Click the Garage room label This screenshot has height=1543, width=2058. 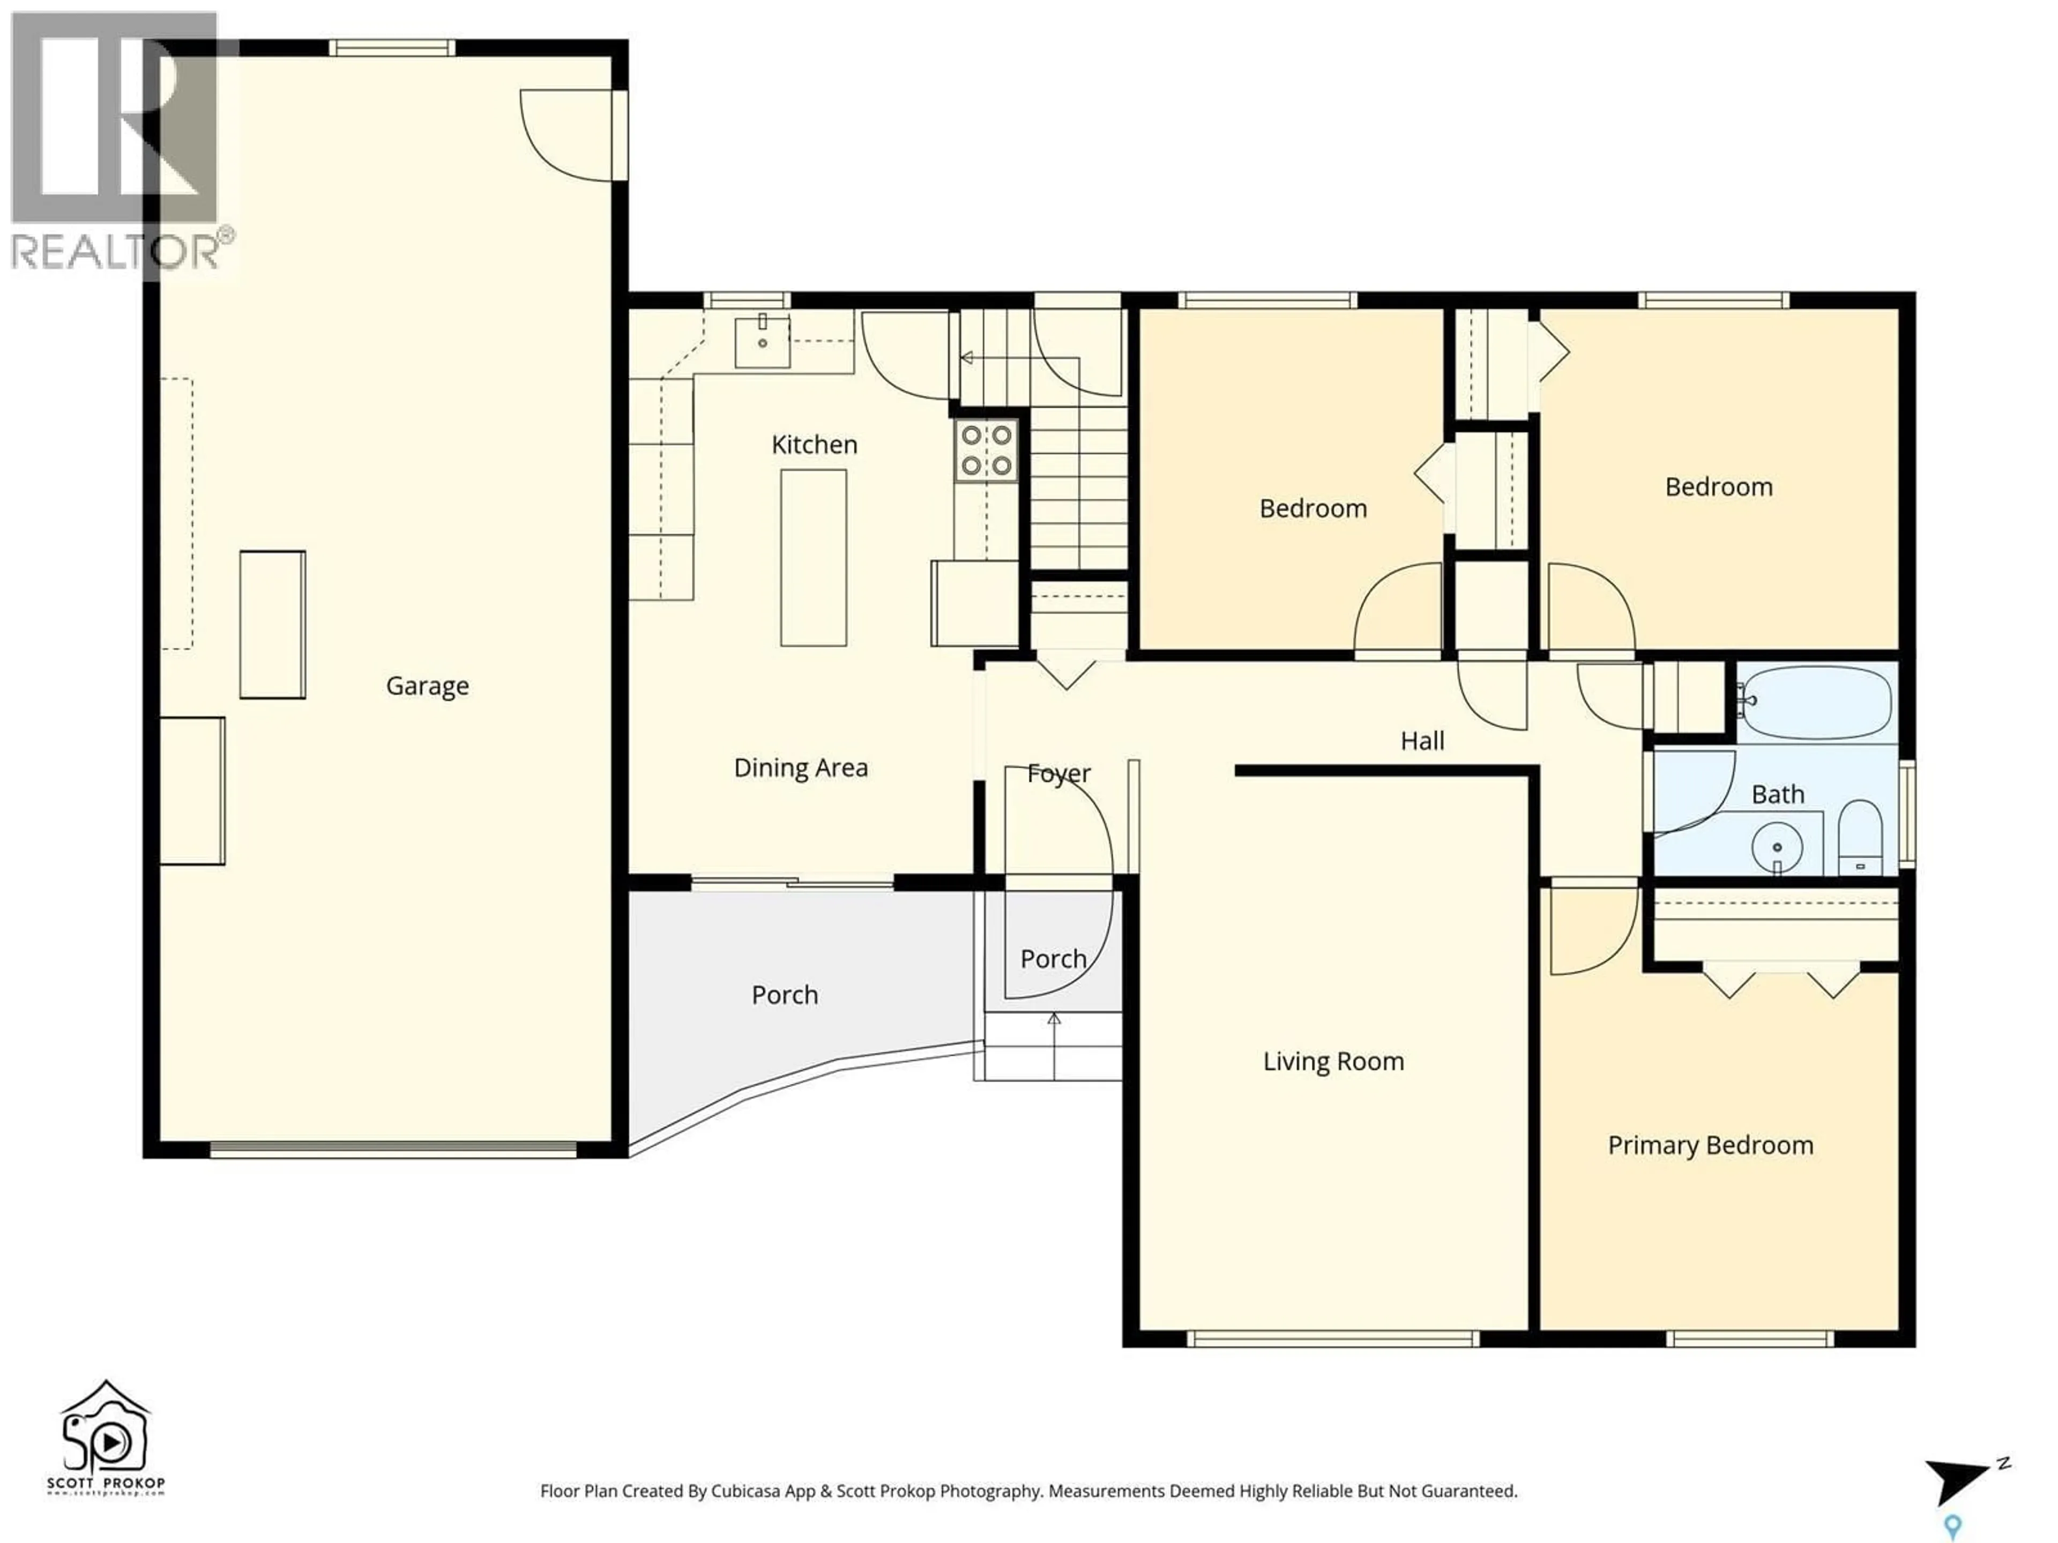427,686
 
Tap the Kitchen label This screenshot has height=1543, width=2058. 814,445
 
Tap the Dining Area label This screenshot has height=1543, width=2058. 800,768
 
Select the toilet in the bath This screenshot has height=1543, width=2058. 1861,837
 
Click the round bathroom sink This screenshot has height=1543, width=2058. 1777,847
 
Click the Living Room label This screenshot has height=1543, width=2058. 1332,1062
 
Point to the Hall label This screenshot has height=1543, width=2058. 1422,741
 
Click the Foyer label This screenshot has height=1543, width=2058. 1059,774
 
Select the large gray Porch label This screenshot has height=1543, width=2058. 784,995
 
